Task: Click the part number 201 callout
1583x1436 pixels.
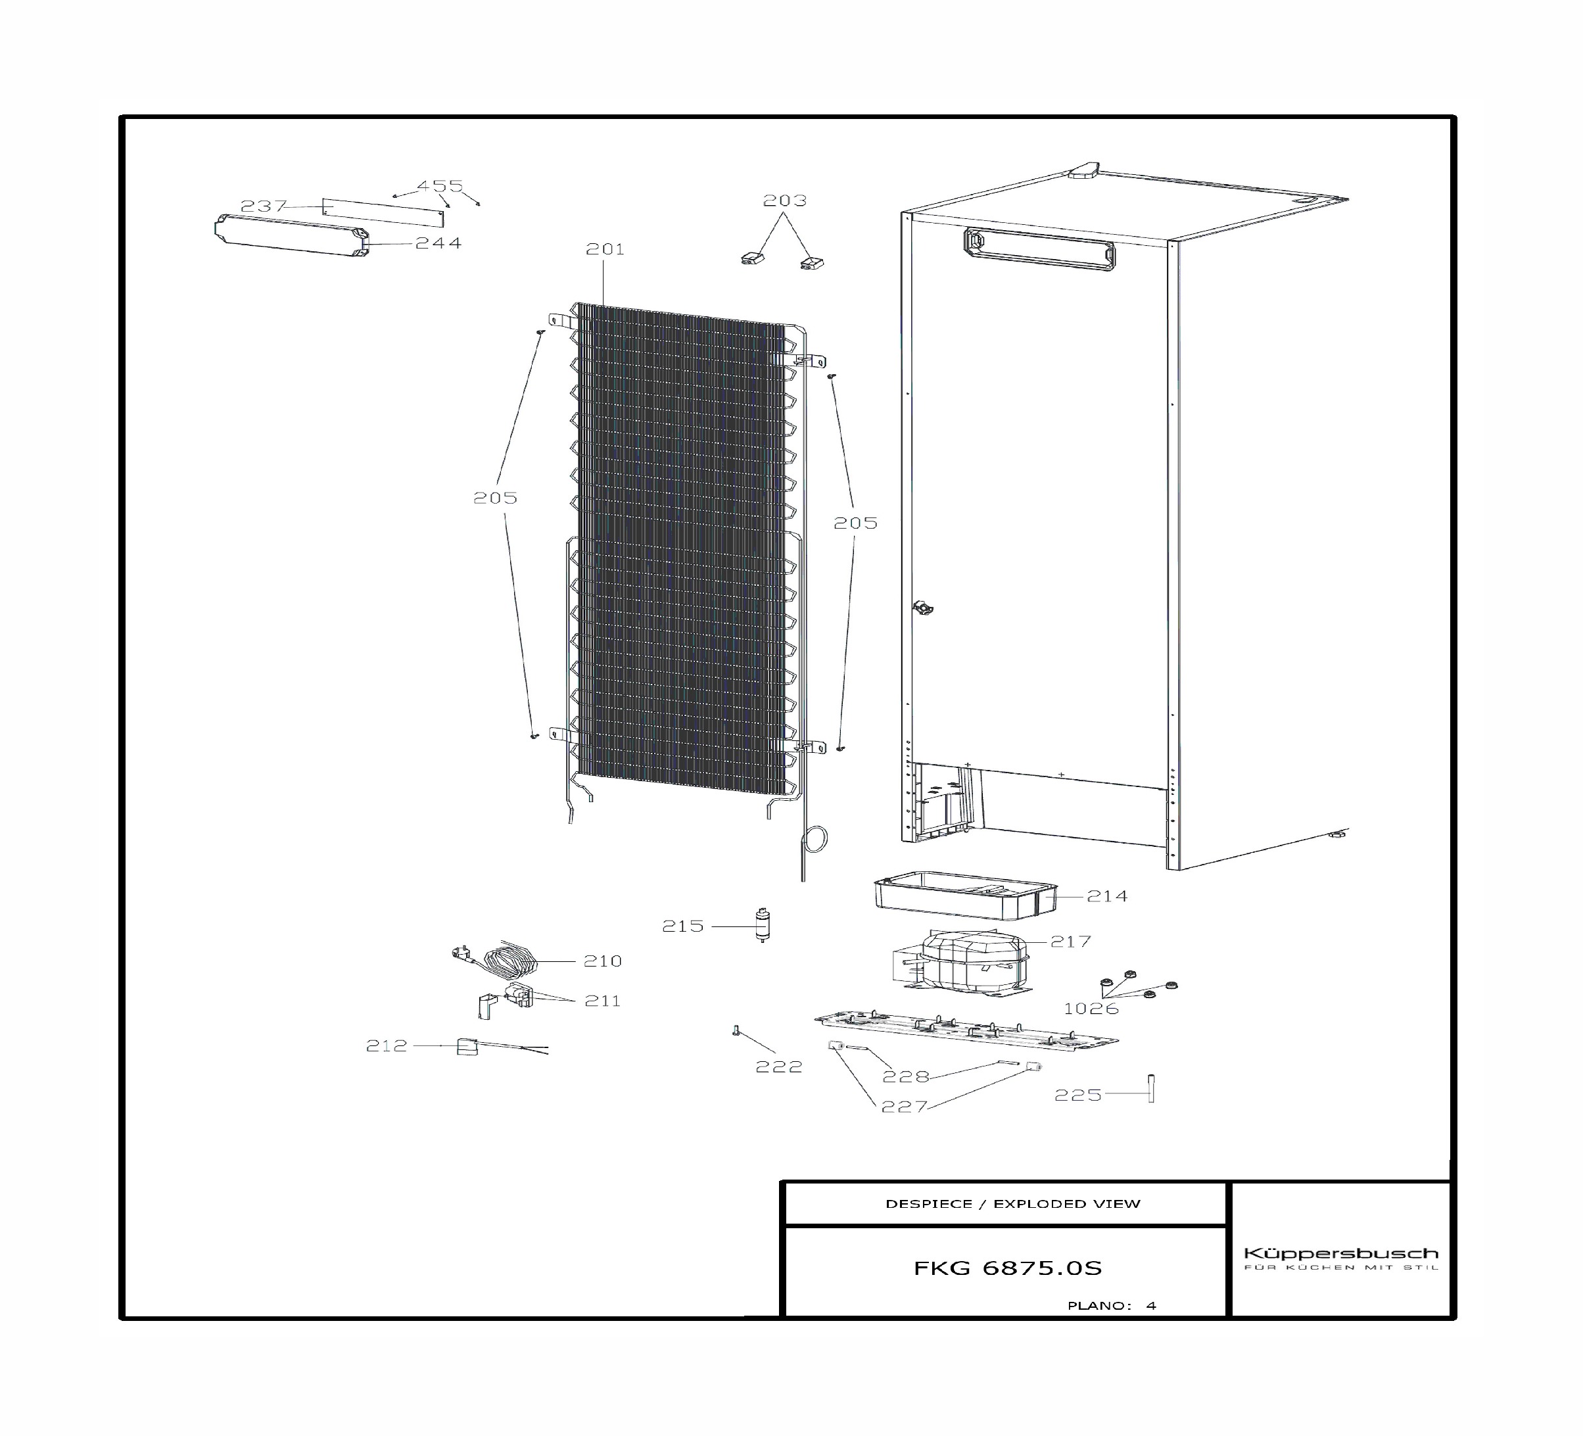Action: tap(605, 249)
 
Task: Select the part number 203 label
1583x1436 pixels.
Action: tap(785, 201)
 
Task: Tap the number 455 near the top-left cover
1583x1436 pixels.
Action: tap(440, 186)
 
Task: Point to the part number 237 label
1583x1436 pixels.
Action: tap(264, 206)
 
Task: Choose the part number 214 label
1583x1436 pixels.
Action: tap(1107, 896)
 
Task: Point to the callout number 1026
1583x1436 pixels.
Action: tap(1091, 1009)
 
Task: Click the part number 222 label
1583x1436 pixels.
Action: tap(779, 1066)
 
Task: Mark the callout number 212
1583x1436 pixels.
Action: tap(387, 1045)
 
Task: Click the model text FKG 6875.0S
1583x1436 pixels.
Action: tap(1007, 1268)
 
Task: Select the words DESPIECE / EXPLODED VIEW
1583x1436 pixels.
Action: tap(1013, 1203)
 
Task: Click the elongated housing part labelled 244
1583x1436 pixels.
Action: tap(291, 235)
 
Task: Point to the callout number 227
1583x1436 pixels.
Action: tap(905, 1107)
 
